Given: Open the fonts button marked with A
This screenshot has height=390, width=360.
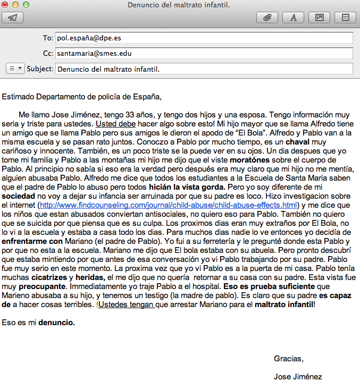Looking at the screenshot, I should pyautogui.click(x=293, y=18).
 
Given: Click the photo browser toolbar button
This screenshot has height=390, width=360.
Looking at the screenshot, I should pyautogui.click(x=319, y=18).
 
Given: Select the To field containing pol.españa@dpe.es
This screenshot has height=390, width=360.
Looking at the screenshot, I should pyautogui.click(x=204, y=38).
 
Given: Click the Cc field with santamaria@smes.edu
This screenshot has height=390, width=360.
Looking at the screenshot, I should pyautogui.click(x=204, y=54).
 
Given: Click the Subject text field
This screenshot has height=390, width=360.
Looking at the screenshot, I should pyautogui.click(x=204, y=69).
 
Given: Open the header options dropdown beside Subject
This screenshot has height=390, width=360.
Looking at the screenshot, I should pyautogui.click(x=15, y=69).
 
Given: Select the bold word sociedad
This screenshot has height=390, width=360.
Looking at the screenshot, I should pyautogui.click(x=19, y=196).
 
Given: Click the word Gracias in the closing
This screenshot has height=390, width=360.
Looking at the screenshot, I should pyautogui.click(x=289, y=359).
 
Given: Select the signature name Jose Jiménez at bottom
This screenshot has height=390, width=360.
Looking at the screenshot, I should pyautogui.click(x=298, y=377).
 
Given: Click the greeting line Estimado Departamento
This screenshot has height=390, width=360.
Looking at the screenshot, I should pyautogui.click(x=81, y=97).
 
